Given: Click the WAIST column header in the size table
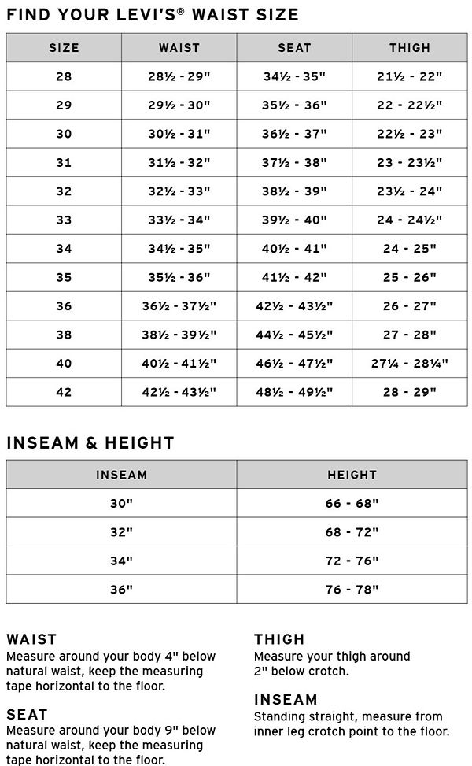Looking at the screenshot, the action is (x=179, y=48).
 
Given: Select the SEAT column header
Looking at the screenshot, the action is (x=294, y=48).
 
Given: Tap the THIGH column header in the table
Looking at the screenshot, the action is (x=409, y=48).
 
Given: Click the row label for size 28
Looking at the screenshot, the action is (x=64, y=76).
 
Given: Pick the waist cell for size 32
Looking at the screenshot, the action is (x=179, y=191).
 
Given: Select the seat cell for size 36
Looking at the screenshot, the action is (x=294, y=306).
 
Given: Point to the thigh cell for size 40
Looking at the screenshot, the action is (x=409, y=364).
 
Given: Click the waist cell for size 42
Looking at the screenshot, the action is (x=179, y=392).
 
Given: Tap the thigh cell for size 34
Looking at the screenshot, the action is (x=409, y=249).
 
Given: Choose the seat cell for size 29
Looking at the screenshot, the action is (x=294, y=105).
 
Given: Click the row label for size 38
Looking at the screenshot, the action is (x=64, y=335).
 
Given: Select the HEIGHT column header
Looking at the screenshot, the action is (x=352, y=475).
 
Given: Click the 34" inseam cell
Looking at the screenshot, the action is (x=121, y=561).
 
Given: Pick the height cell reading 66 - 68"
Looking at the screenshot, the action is (x=352, y=503).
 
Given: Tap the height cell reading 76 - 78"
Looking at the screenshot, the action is (x=352, y=589).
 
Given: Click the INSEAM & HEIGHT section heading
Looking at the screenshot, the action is (x=90, y=442).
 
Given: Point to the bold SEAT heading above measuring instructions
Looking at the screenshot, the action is (x=27, y=715).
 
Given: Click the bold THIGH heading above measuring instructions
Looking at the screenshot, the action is (x=279, y=639).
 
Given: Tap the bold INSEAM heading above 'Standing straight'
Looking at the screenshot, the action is (x=286, y=700).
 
